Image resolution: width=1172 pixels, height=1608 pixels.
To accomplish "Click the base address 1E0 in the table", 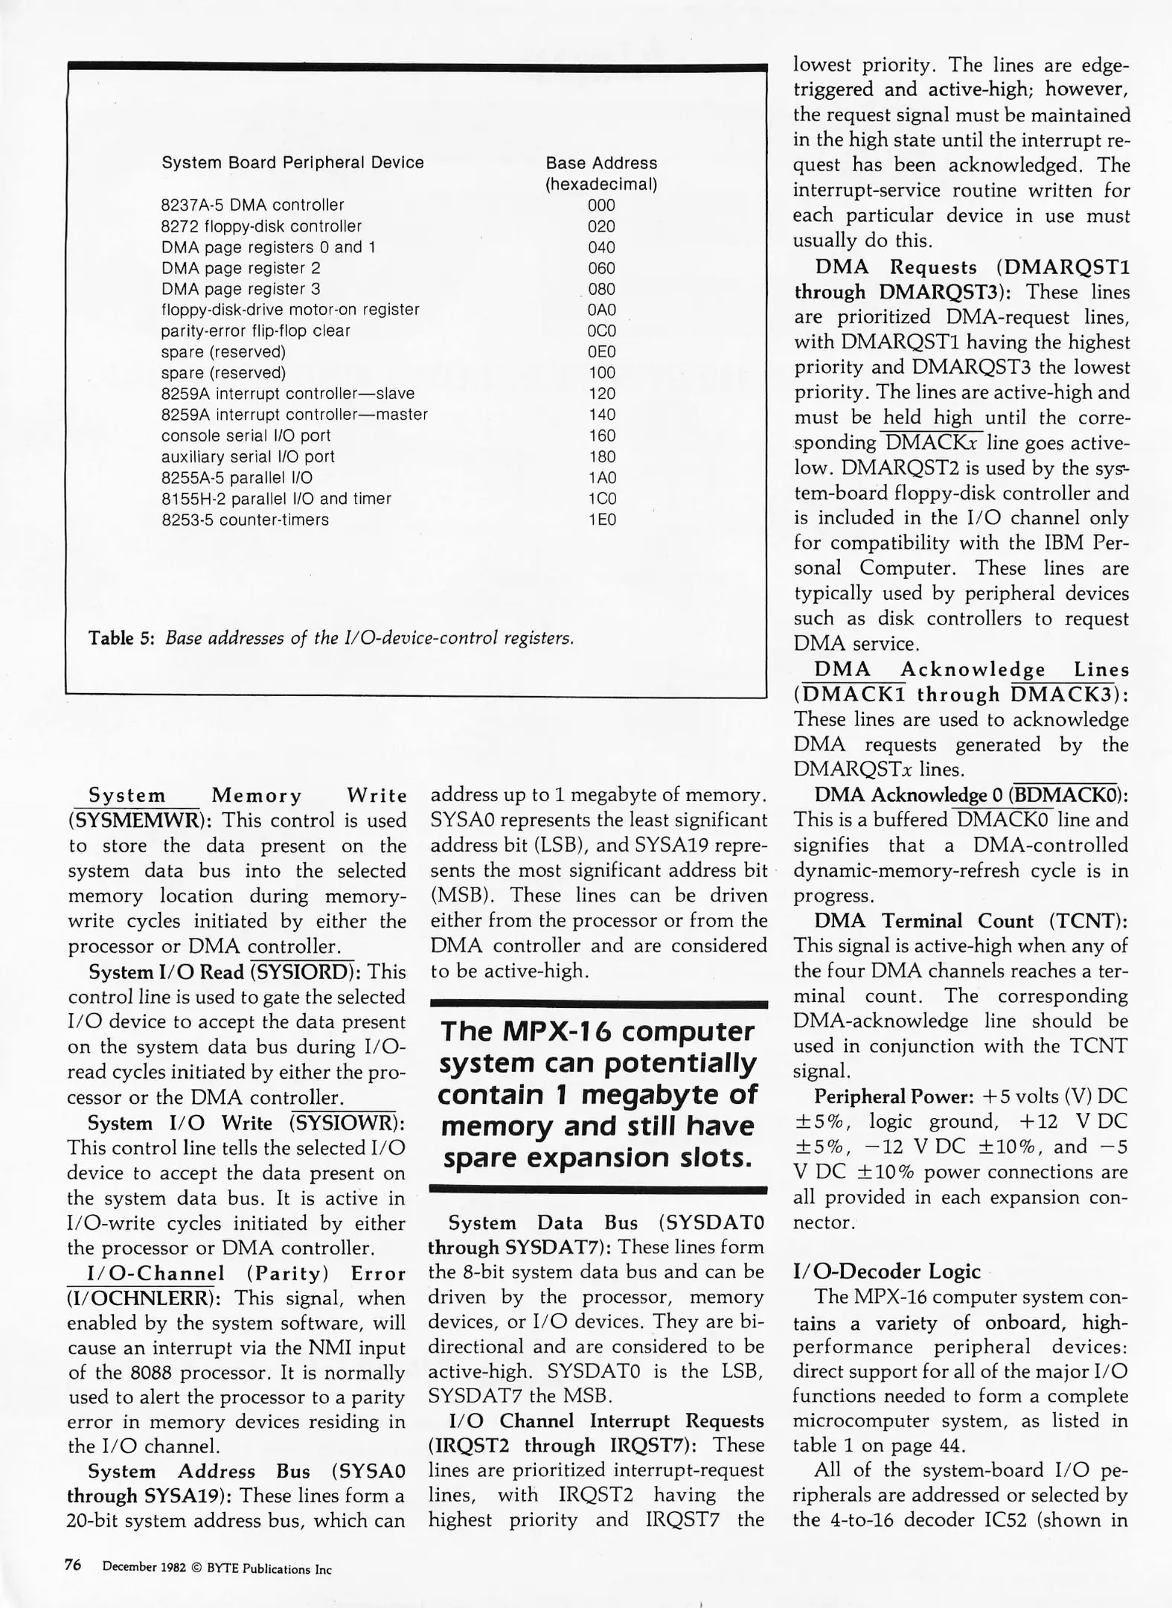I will pos(601,520).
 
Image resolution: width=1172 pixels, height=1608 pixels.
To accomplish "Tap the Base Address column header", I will pos(601,163).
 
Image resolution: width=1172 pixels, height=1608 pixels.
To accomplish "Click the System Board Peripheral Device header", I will pos(292,163).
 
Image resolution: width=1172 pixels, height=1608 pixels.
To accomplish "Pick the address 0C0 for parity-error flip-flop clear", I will pos(601,331).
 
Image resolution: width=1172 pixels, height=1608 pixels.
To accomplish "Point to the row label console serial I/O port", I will pos(246,435).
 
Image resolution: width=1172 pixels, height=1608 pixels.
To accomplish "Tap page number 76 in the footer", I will pos(73,1565).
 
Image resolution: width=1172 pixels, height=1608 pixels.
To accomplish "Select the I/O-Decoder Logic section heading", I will pos(887,1272).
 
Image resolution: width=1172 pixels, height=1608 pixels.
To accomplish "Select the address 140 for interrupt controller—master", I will pos(601,415).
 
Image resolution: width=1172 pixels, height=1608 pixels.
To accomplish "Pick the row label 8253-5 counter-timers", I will pos(245,520).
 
